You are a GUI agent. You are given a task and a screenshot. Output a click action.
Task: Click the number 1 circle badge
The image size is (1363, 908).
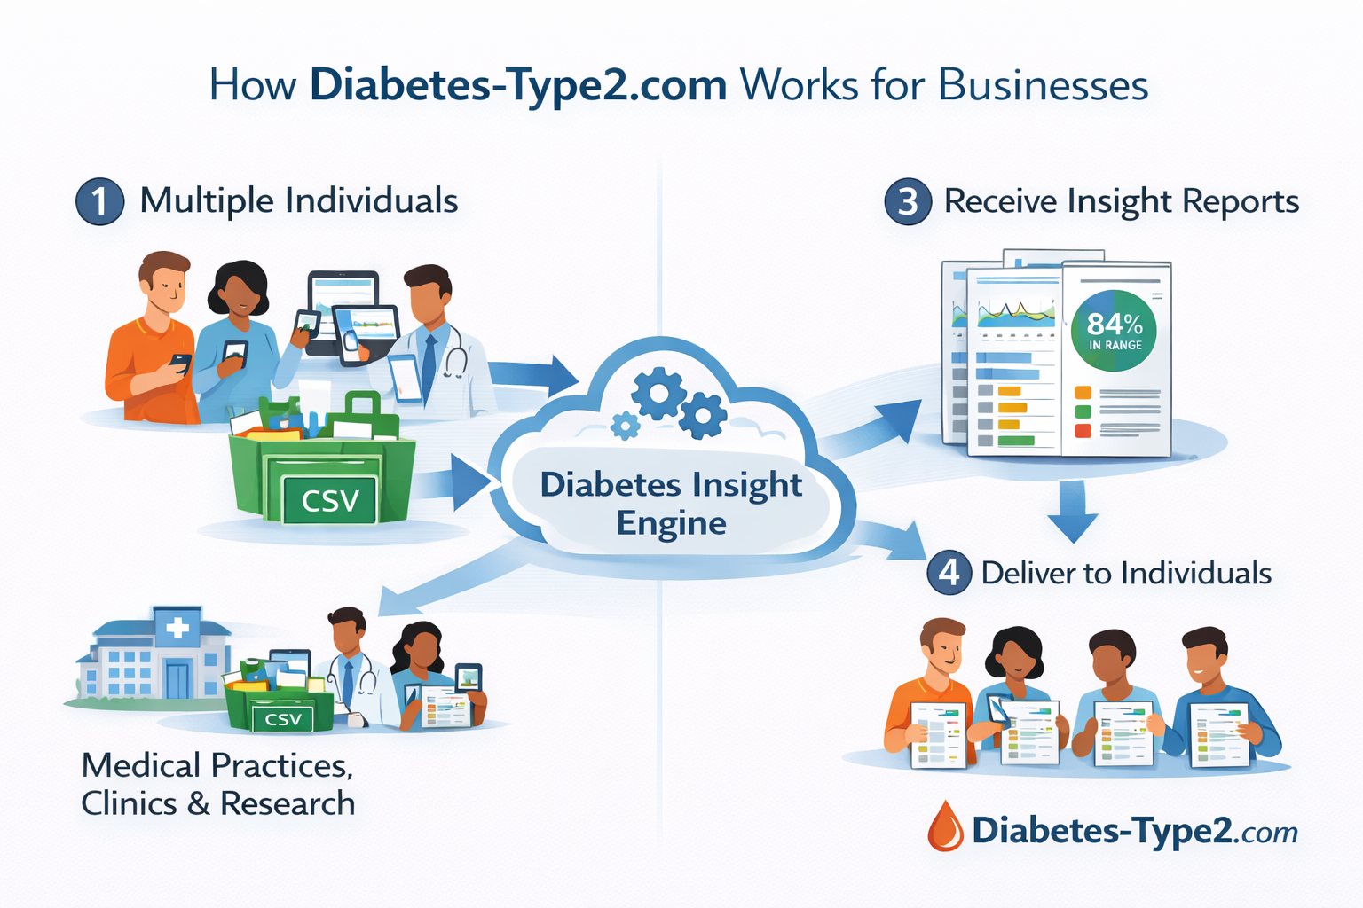[99, 201]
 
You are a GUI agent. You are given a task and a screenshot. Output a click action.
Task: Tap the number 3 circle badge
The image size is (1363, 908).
[908, 201]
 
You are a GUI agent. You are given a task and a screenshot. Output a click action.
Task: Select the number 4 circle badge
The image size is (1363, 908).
[949, 573]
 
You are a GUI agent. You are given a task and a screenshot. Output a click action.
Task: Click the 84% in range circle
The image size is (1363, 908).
[1115, 331]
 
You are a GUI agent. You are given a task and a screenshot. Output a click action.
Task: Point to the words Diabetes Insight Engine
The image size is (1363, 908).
[671, 503]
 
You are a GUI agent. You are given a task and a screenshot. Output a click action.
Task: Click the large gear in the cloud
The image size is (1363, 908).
[658, 394]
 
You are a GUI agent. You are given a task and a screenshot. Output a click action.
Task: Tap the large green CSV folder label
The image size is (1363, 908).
[330, 500]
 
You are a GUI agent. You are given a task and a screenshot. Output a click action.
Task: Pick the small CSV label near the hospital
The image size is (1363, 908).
[283, 719]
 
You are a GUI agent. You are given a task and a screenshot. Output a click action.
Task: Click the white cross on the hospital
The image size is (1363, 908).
[177, 628]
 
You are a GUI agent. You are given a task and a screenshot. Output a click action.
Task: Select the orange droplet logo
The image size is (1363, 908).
[946, 826]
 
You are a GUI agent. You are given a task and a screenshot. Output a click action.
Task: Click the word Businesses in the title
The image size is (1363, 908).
[1044, 85]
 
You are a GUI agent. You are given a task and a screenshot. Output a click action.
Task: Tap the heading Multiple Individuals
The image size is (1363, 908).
[299, 201]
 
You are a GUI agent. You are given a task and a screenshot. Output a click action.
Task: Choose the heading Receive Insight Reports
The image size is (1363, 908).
[1122, 201]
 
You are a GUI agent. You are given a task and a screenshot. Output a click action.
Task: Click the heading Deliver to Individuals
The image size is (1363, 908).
[1126, 573]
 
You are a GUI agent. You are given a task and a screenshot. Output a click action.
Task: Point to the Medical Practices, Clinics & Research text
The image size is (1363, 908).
[218, 784]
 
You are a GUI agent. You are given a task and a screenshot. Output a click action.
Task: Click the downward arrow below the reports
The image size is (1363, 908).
[1073, 512]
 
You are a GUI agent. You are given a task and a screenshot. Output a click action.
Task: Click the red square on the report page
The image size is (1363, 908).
[1083, 431]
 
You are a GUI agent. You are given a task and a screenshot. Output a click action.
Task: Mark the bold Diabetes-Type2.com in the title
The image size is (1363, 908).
[519, 85]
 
